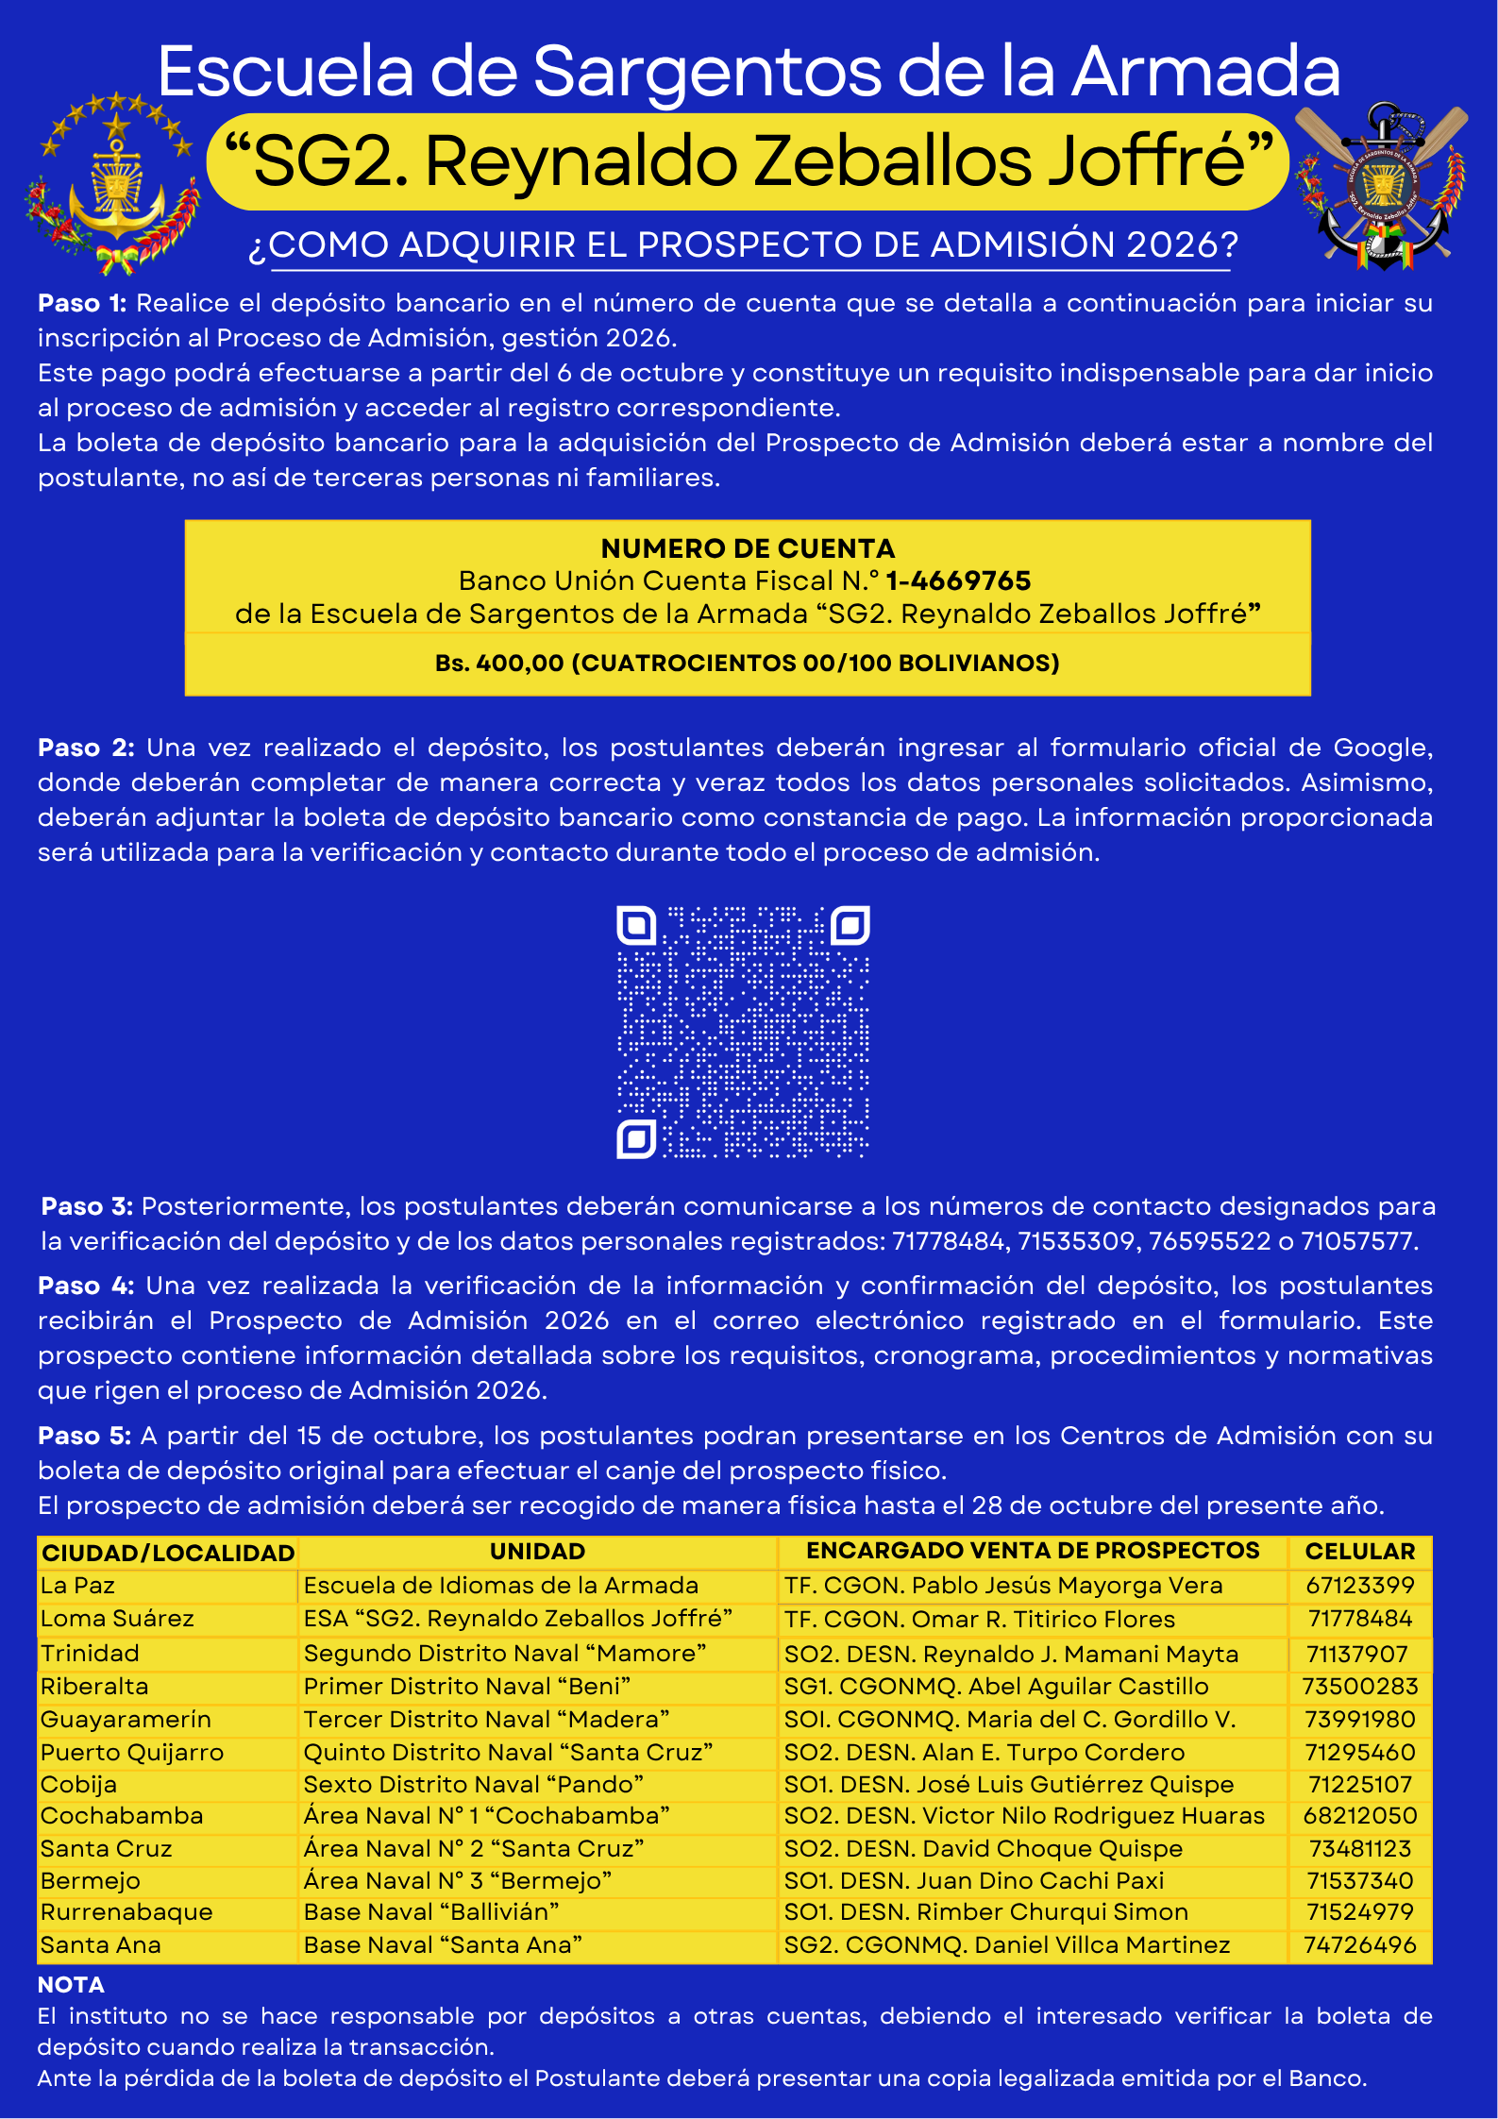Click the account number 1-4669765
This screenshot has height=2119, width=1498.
(x=957, y=580)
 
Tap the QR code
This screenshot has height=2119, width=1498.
(x=743, y=1032)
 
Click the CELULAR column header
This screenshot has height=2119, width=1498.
(x=1359, y=1552)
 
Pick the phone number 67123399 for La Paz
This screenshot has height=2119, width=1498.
(x=1359, y=1586)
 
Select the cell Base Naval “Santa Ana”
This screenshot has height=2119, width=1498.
(x=443, y=1944)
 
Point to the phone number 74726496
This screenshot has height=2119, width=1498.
(x=1359, y=1944)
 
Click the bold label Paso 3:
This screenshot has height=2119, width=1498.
(x=87, y=1206)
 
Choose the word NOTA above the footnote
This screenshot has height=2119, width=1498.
(x=71, y=1985)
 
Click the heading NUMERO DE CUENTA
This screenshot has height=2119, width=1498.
(x=748, y=548)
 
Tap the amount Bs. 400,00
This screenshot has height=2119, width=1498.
(x=499, y=664)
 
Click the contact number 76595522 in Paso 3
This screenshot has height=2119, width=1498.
(x=1209, y=1241)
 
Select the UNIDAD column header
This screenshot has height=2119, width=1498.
(x=537, y=1552)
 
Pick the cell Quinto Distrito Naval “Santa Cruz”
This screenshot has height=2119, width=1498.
(x=508, y=1752)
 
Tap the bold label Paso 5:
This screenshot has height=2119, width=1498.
(x=84, y=1436)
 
